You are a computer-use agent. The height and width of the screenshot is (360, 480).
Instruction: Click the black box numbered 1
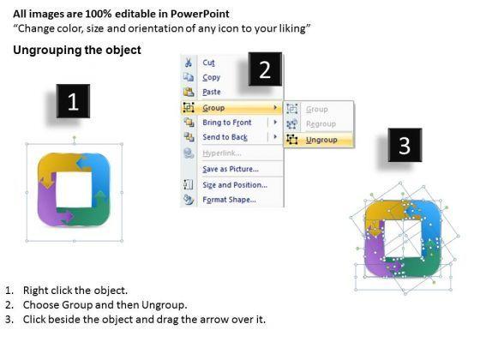pos(73,101)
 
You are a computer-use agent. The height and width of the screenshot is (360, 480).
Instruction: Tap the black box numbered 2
pos(265,69)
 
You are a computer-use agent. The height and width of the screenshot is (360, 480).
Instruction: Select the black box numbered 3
pos(405,145)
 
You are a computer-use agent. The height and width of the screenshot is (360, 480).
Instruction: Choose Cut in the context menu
pos(209,63)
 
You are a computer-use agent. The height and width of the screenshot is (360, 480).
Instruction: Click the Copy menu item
pos(211,77)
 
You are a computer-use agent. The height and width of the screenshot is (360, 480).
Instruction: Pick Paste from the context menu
pos(212,92)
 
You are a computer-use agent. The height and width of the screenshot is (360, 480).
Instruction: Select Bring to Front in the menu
pos(227,123)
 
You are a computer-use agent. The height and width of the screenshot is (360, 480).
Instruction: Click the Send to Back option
pos(225,137)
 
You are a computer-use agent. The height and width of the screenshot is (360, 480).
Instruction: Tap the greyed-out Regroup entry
pos(321,124)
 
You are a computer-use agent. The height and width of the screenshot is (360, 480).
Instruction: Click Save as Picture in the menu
pos(231,169)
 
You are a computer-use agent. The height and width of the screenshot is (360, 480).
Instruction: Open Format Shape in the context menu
pos(230,200)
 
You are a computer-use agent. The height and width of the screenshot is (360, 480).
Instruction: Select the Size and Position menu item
pos(235,185)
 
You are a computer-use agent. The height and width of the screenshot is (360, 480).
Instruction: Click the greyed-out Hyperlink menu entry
pos(222,153)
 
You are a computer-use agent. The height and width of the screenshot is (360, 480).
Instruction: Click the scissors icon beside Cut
pos(189,63)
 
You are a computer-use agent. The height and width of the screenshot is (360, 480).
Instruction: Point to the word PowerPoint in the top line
pos(200,14)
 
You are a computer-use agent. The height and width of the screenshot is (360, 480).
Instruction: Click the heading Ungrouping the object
pos(77,50)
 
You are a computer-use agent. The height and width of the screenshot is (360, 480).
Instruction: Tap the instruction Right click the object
pos(75,291)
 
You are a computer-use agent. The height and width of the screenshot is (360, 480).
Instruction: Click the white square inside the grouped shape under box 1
pos(74,189)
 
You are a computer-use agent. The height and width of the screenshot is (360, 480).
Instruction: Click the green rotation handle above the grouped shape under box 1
pos(74,137)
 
